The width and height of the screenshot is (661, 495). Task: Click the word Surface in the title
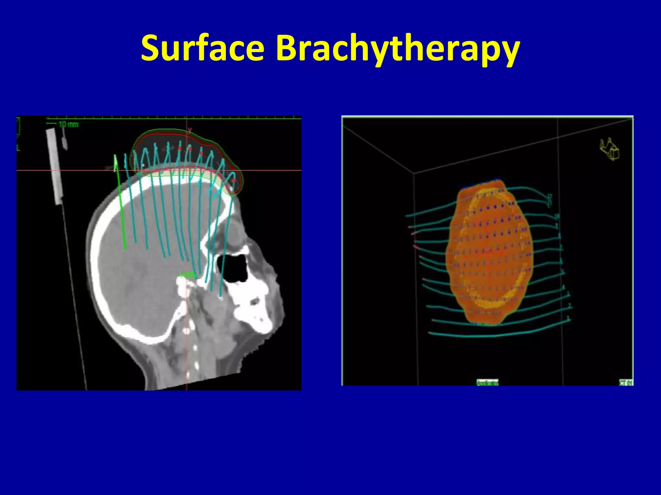(x=203, y=48)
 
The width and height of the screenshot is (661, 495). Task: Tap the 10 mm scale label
(x=68, y=124)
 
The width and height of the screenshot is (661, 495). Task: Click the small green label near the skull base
(x=188, y=275)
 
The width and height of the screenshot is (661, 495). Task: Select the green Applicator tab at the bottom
(x=487, y=383)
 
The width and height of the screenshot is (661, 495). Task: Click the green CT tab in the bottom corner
(x=625, y=383)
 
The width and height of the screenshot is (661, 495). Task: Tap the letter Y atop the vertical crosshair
(x=190, y=130)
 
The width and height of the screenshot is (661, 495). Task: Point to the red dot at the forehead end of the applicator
(x=234, y=181)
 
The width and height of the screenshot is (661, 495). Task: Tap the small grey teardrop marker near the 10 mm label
(x=65, y=142)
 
